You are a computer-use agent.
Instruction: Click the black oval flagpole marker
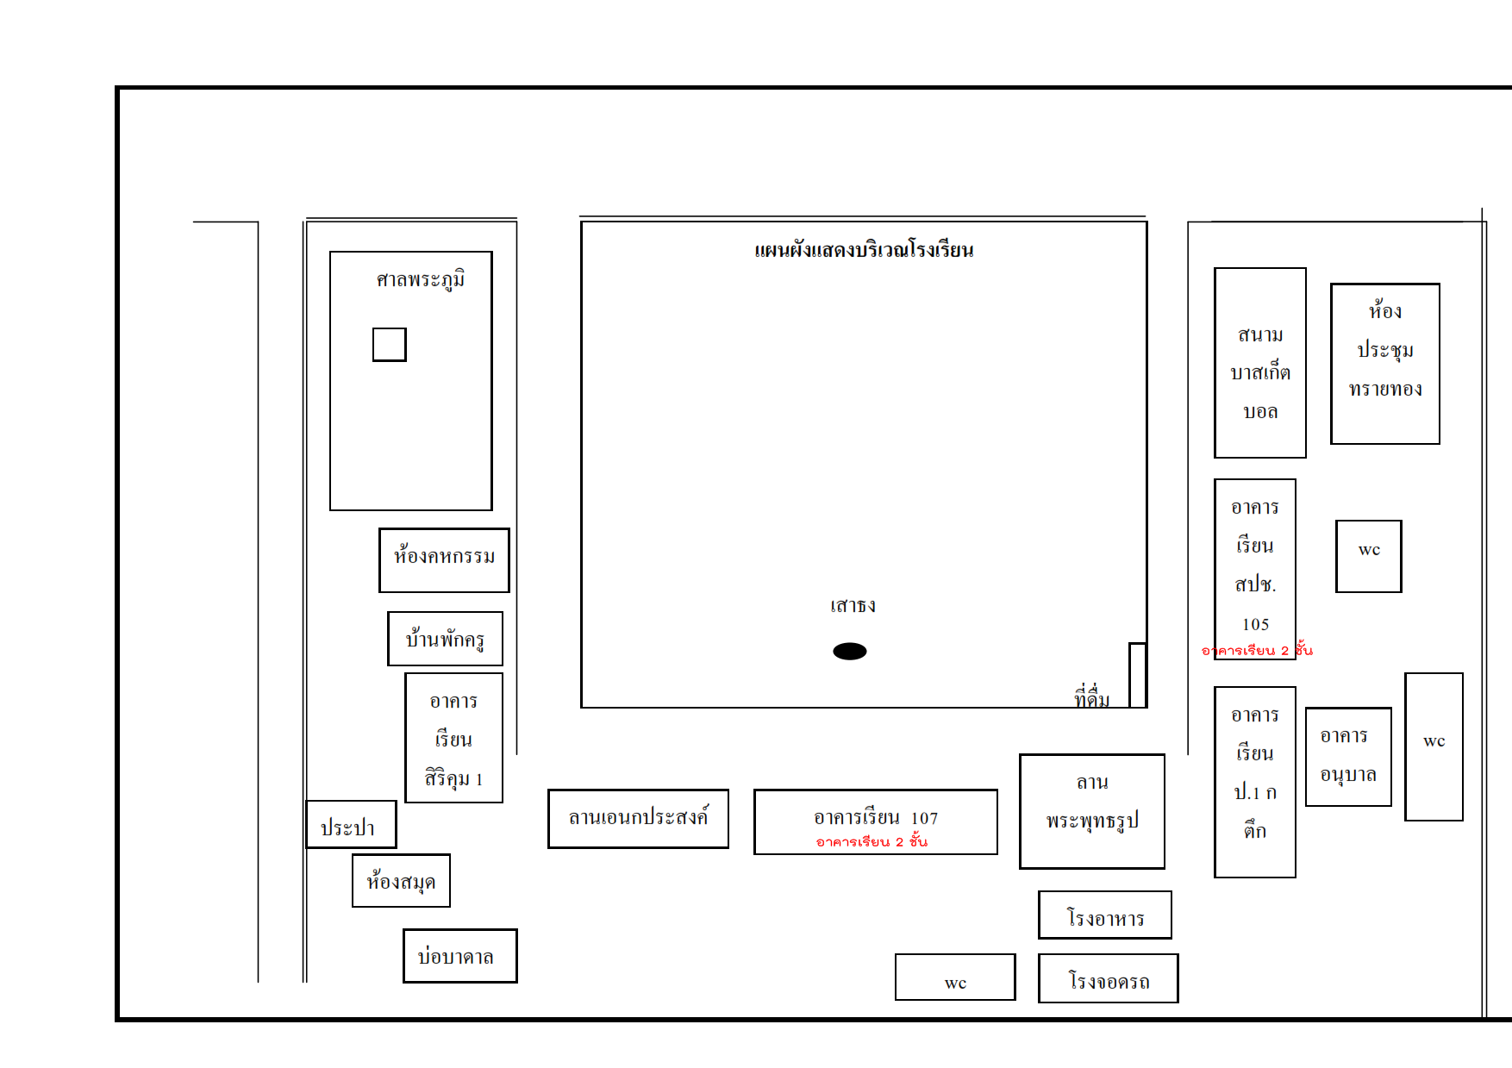849,652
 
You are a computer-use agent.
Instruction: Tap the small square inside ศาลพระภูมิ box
389,345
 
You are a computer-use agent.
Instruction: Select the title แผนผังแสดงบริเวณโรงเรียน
864,251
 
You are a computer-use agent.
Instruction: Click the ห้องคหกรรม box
444,560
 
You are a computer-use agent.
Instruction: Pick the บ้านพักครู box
445,639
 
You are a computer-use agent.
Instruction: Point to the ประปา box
351,825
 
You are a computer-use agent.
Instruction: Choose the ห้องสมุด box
401,881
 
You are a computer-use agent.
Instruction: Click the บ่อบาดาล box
459,956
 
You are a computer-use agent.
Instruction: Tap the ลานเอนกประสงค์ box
638,819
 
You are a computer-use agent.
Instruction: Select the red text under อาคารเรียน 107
872,841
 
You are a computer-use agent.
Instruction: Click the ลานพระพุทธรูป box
1091,812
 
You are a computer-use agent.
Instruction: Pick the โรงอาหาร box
1104,915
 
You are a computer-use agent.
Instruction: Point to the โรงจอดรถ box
1108,979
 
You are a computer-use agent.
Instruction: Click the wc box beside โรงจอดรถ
955,977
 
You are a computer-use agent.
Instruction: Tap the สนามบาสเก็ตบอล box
1259,363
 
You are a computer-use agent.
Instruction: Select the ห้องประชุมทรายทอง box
1384,364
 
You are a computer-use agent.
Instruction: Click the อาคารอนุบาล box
1348,757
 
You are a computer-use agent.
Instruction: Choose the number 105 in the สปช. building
1255,624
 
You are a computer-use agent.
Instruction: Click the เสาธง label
853,606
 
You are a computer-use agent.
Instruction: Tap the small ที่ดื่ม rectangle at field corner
1137,675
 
